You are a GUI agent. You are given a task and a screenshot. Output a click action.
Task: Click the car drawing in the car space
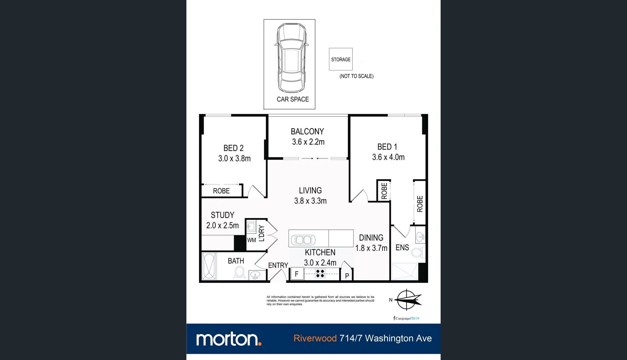click(x=290, y=59)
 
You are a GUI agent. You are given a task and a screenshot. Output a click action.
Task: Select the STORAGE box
click(x=340, y=59)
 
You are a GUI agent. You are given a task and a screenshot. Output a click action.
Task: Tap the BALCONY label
click(x=307, y=132)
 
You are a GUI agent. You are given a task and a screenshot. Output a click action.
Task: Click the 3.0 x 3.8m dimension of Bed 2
click(x=234, y=159)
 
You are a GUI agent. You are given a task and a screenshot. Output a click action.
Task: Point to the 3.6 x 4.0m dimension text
click(x=388, y=157)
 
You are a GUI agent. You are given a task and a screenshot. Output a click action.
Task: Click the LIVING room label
click(x=310, y=191)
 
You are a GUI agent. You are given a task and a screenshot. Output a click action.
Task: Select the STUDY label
click(x=223, y=215)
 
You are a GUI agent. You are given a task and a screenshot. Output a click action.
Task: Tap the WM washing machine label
click(x=251, y=240)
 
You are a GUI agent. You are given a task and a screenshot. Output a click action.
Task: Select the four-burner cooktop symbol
click(x=320, y=273)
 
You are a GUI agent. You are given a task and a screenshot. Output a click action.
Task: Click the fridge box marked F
click(x=296, y=274)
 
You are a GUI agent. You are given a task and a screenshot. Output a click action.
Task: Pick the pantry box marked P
click(x=347, y=275)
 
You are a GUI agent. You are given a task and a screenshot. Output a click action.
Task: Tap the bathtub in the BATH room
click(x=209, y=267)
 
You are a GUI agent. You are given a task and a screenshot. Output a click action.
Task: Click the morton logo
click(x=229, y=339)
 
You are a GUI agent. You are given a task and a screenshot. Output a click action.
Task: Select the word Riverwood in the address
click(x=315, y=339)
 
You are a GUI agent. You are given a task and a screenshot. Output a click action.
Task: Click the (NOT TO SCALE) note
click(x=356, y=76)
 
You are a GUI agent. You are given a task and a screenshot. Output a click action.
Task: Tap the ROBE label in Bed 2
click(x=221, y=191)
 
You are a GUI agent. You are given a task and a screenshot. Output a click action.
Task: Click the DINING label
click(x=371, y=238)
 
